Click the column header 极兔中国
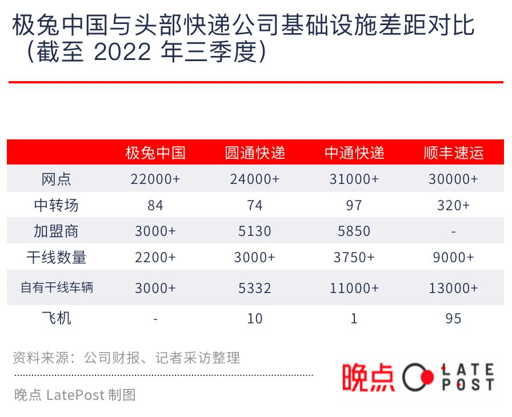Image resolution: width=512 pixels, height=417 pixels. click(x=155, y=153)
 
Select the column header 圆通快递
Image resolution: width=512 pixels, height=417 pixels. click(x=255, y=153)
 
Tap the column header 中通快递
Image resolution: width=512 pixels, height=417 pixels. click(x=354, y=153)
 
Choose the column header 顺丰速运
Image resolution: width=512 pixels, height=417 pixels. click(x=454, y=153)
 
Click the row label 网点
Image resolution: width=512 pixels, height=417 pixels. click(x=56, y=179)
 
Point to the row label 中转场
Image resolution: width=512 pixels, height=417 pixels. click(x=56, y=205)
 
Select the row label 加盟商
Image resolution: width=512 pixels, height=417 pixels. click(x=56, y=231)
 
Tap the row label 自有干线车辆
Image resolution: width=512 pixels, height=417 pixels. click(x=56, y=287)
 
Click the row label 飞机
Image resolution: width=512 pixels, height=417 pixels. click(x=56, y=318)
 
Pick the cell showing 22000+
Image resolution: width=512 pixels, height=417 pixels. click(x=155, y=179)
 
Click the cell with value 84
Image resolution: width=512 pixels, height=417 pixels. click(x=155, y=206)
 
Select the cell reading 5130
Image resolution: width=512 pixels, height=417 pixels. click(x=255, y=231)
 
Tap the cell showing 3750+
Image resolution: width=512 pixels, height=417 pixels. click(x=354, y=258)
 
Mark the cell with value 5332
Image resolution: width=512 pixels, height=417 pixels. click(x=255, y=288)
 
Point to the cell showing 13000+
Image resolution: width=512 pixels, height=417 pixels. click(x=454, y=288)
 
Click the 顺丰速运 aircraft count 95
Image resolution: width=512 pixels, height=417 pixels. click(x=454, y=318)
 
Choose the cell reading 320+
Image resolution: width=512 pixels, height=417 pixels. click(x=454, y=206)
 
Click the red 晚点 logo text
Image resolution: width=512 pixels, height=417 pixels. click(x=368, y=378)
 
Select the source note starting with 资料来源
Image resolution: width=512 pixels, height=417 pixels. click(x=126, y=358)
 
